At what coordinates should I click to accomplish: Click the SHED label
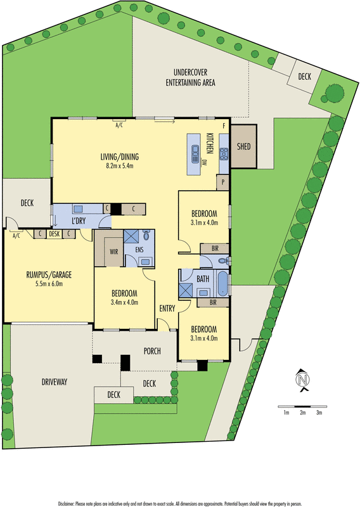point(243,146)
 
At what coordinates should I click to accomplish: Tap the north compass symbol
point(302,380)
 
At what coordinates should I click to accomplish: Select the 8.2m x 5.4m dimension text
point(119,166)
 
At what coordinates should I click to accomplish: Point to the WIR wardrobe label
point(113,252)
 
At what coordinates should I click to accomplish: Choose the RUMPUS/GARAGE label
point(49,274)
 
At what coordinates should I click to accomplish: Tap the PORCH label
point(151,351)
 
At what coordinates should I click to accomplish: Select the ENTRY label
point(167,309)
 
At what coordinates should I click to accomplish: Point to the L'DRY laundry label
point(79,220)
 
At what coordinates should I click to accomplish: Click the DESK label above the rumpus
point(54,234)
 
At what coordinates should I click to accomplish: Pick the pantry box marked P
point(222,183)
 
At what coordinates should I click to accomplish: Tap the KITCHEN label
point(210,143)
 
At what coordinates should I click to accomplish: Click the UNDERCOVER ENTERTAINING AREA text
point(190,78)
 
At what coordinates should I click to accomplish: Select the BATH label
point(203,278)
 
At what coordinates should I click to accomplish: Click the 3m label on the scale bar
point(319,413)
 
